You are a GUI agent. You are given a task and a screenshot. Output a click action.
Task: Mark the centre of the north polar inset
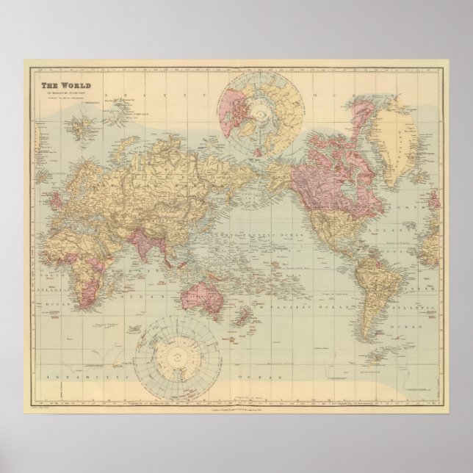tap(261, 110)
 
